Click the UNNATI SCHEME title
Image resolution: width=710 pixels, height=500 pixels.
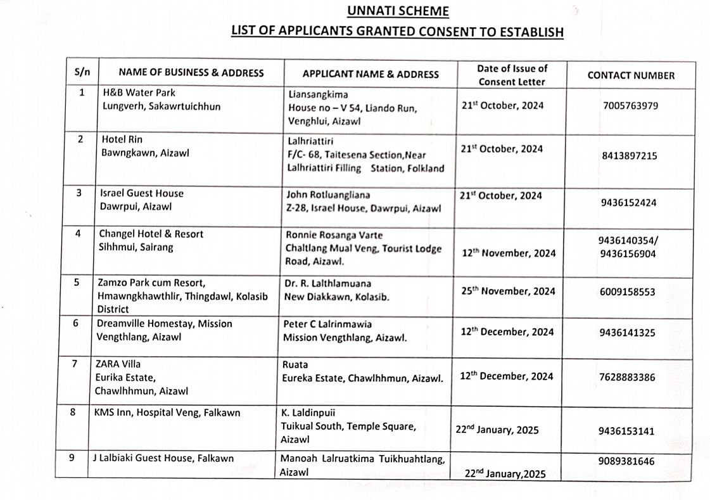pyautogui.click(x=397, y=11)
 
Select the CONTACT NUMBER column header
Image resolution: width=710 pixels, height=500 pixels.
pyautogui.click(x=631, y=75)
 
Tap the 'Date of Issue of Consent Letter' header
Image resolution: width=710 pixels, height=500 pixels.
pyautogui.click(x=512, y=75)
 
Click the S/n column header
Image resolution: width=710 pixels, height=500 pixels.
pyautogui.click(x=82, y=72)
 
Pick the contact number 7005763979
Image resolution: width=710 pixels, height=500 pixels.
pyautogui.click(x=631, y=105)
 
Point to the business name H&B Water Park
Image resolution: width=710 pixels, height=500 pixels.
pyautogui.click(x=139, y=93)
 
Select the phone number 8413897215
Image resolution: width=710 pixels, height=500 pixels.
pyautogui.click(x=630, y=156)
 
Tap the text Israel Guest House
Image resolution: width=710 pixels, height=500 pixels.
pyautogui.click(x=142, y=193)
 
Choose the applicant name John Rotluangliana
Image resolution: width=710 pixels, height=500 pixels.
pyautogui.click(x=328, y=195)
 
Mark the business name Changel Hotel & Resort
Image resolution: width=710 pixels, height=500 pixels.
pyautogui.click(x=151, y=234)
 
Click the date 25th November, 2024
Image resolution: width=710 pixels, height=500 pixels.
pyautogui.click(x=508, y=292)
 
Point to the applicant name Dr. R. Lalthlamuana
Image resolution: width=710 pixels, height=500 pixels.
pyautogui.click(x=328, y=283)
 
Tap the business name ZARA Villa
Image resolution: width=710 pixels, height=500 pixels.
pyautogui.click(x=118, y=364)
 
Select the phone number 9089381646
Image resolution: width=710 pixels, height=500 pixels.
pyautogui.click(x=626, y=461)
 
